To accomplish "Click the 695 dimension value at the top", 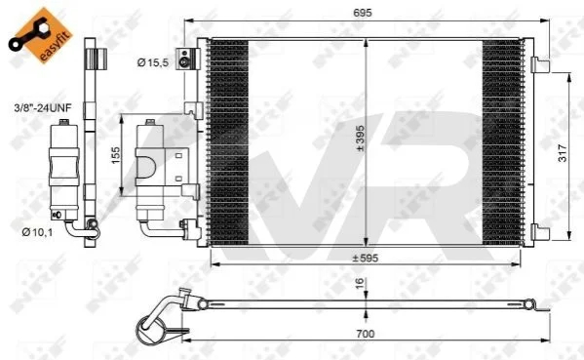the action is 362,13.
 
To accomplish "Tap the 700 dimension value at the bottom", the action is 365,334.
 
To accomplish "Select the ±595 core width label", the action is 365,258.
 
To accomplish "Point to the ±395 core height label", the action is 360,139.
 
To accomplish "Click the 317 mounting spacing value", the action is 563,153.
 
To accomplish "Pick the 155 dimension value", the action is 116,155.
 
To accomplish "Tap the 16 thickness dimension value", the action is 360,283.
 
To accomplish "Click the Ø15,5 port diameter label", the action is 153,62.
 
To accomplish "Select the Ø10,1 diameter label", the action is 37,232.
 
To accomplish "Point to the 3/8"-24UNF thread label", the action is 43,108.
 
